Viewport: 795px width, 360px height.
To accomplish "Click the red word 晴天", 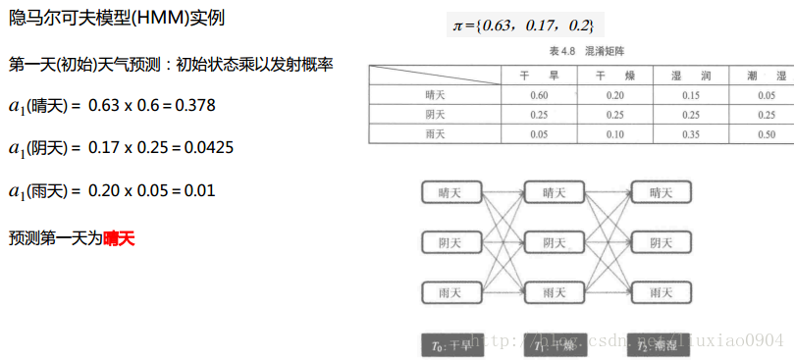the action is (x=119, y=237).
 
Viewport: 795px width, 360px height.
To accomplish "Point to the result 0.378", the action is (x=195, y=105).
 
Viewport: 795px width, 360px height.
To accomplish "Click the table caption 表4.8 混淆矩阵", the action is (x=580, y=48).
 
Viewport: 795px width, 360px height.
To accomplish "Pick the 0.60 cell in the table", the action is (x=539, y=95).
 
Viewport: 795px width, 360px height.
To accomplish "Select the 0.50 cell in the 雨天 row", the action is (x=767, y=133).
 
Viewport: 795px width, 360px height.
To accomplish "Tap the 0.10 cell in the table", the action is (x=615, y=133).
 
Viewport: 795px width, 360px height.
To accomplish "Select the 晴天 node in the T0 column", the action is (x=451, y=192).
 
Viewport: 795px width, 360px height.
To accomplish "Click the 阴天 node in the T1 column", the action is (x=555, y=241).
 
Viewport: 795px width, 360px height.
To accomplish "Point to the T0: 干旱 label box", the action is (x=451, y=344).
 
